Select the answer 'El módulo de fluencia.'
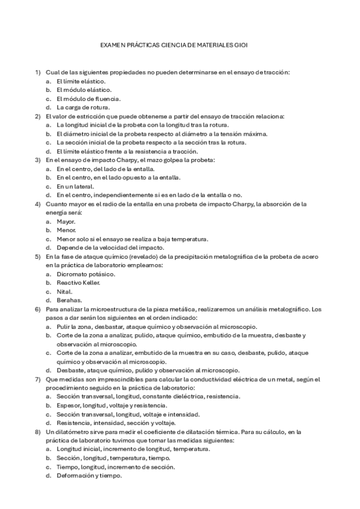point(88,98)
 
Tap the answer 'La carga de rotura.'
point(83,107)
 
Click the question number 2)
point(37,116)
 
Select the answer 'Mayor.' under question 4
point(65,221)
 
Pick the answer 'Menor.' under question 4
point(66,230)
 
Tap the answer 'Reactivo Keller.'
point(78,282)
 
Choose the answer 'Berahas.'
point(69,300)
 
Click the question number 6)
point(37,309)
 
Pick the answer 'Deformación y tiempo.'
point(89,475)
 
